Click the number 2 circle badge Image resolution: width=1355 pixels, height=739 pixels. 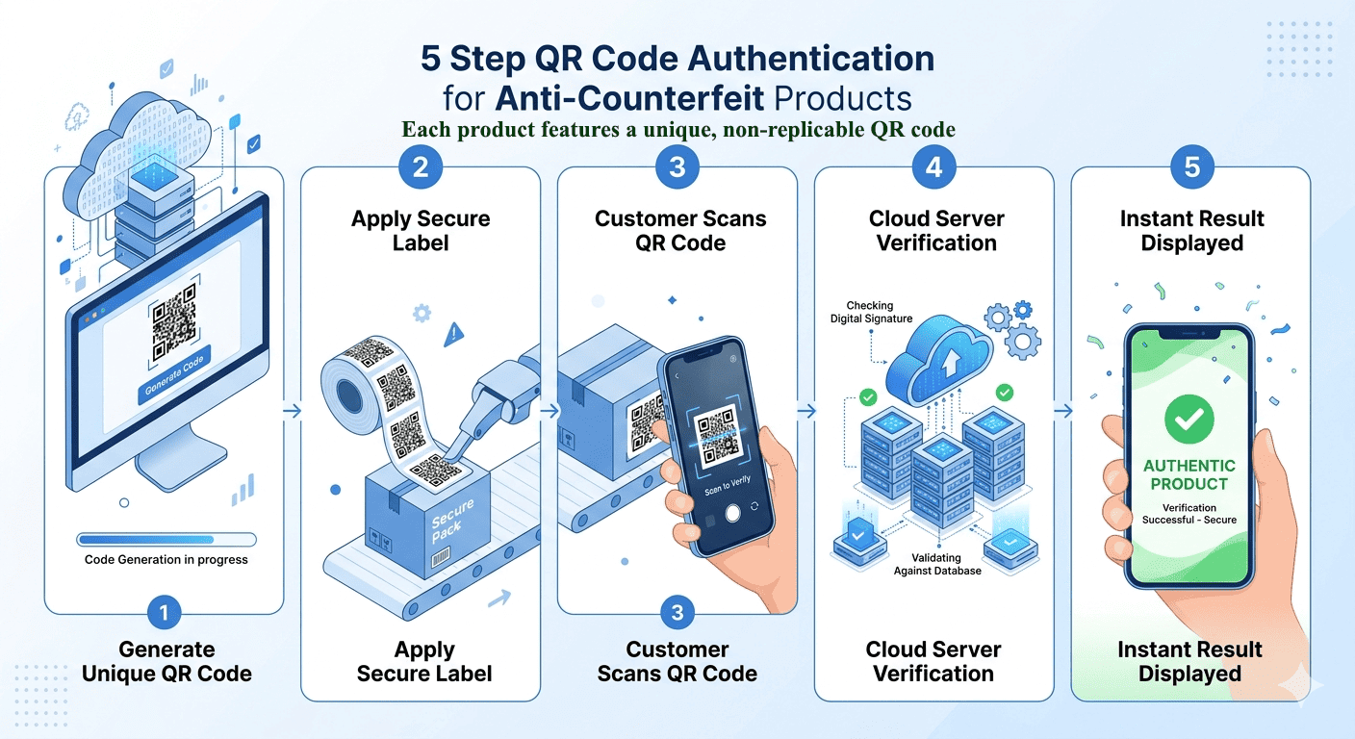click(421, 167)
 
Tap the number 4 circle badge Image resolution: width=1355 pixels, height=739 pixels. click(933, 167)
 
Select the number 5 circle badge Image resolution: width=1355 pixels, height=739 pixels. click(1191, 167)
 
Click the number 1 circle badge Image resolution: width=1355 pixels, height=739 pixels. click(165, 613)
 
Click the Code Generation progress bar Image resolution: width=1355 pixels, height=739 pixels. click(166, 540)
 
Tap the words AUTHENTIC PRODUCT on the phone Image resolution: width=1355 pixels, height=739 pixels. click(1189, 474)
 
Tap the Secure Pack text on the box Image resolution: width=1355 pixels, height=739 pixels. click(451, 521)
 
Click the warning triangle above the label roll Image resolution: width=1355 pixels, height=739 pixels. click(454, 335)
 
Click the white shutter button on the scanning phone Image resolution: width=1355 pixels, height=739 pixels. click(732, 514)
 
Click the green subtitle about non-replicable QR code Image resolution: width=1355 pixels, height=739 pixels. click(677, 130)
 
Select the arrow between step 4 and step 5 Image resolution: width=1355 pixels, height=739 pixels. click(1062, 411)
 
